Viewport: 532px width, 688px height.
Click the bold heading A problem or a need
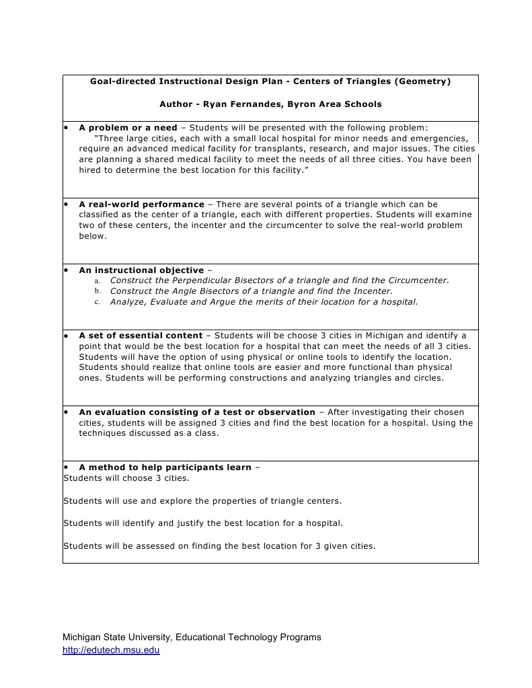(128, 127)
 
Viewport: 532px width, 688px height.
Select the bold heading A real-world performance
(141, 204)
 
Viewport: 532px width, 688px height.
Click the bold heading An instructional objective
(141, 270)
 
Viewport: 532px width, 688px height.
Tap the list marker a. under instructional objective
(97, 280)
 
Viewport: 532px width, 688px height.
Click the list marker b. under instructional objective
(97, 291)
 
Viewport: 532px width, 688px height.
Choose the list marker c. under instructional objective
(97, 302)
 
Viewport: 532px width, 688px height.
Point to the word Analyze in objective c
(128, 302)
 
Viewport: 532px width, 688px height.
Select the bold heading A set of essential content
(141, 335)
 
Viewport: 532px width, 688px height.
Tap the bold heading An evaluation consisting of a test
(196, 412)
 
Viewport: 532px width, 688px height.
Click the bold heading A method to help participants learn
(165, 467)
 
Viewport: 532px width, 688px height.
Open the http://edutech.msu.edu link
(111, 650)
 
